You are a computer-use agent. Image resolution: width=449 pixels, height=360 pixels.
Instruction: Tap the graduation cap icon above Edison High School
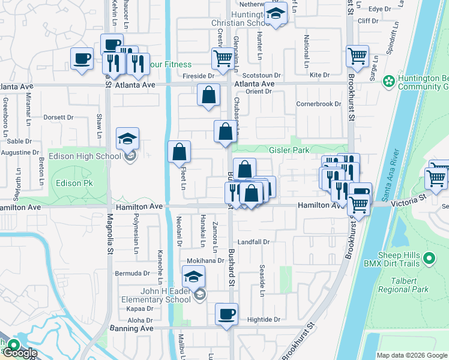(127, 139)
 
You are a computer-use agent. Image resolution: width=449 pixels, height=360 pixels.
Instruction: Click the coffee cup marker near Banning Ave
(227, 314)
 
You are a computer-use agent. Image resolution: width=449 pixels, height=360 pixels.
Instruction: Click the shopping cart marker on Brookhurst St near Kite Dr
(357, 56)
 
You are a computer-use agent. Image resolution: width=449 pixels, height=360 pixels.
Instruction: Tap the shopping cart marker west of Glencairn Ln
(222, 59)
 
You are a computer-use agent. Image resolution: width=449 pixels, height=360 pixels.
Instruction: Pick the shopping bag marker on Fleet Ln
(179, 152)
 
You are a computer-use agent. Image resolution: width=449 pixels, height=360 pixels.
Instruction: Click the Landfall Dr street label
(254, 242)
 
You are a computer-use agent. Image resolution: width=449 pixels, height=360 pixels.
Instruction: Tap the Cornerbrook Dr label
(319, 104)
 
